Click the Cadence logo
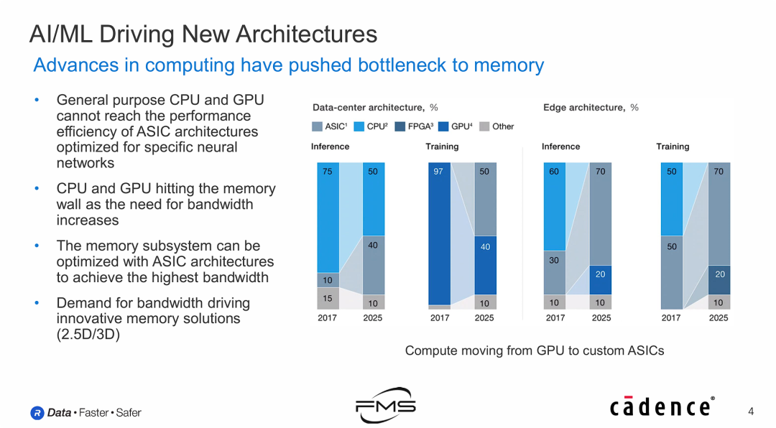click(662, 407)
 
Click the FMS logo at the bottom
click(386, 406)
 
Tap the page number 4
click(751, 411)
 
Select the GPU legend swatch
click(443, 126)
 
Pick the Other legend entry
click(497, 126)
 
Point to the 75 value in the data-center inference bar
click(328, 172)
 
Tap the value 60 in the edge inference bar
click(553, 172)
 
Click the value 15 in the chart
click(328, 298)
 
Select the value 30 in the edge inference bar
click(553, 261)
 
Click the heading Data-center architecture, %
click(375, 108)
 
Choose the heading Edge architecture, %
click(591, 108)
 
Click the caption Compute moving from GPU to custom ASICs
click(535, 350)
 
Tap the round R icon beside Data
click(37, 413)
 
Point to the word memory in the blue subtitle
click(508, 65)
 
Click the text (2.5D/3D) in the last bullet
click(88, 334)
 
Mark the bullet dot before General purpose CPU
click(37, 101)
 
